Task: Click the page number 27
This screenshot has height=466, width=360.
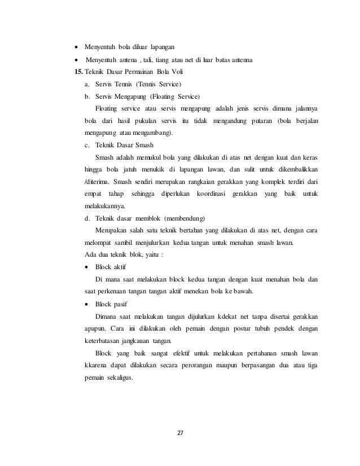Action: click(180, 433)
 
